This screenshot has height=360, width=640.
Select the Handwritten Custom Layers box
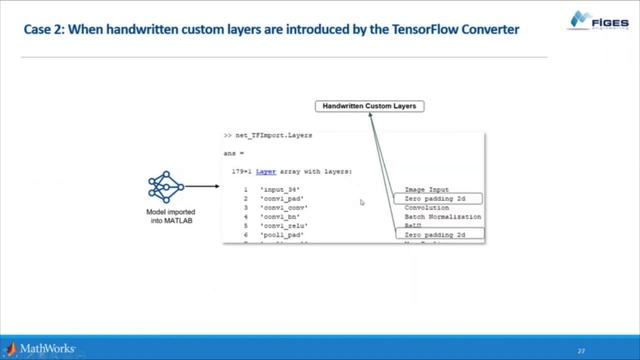pos(370,105)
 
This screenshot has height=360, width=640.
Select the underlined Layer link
pos(267,171)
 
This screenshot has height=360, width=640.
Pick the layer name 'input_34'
pos(279,189)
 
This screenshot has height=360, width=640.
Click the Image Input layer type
pos(427,189)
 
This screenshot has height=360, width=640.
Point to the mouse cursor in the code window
pos(361,203)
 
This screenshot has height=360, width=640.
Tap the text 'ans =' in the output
pos(234,152)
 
